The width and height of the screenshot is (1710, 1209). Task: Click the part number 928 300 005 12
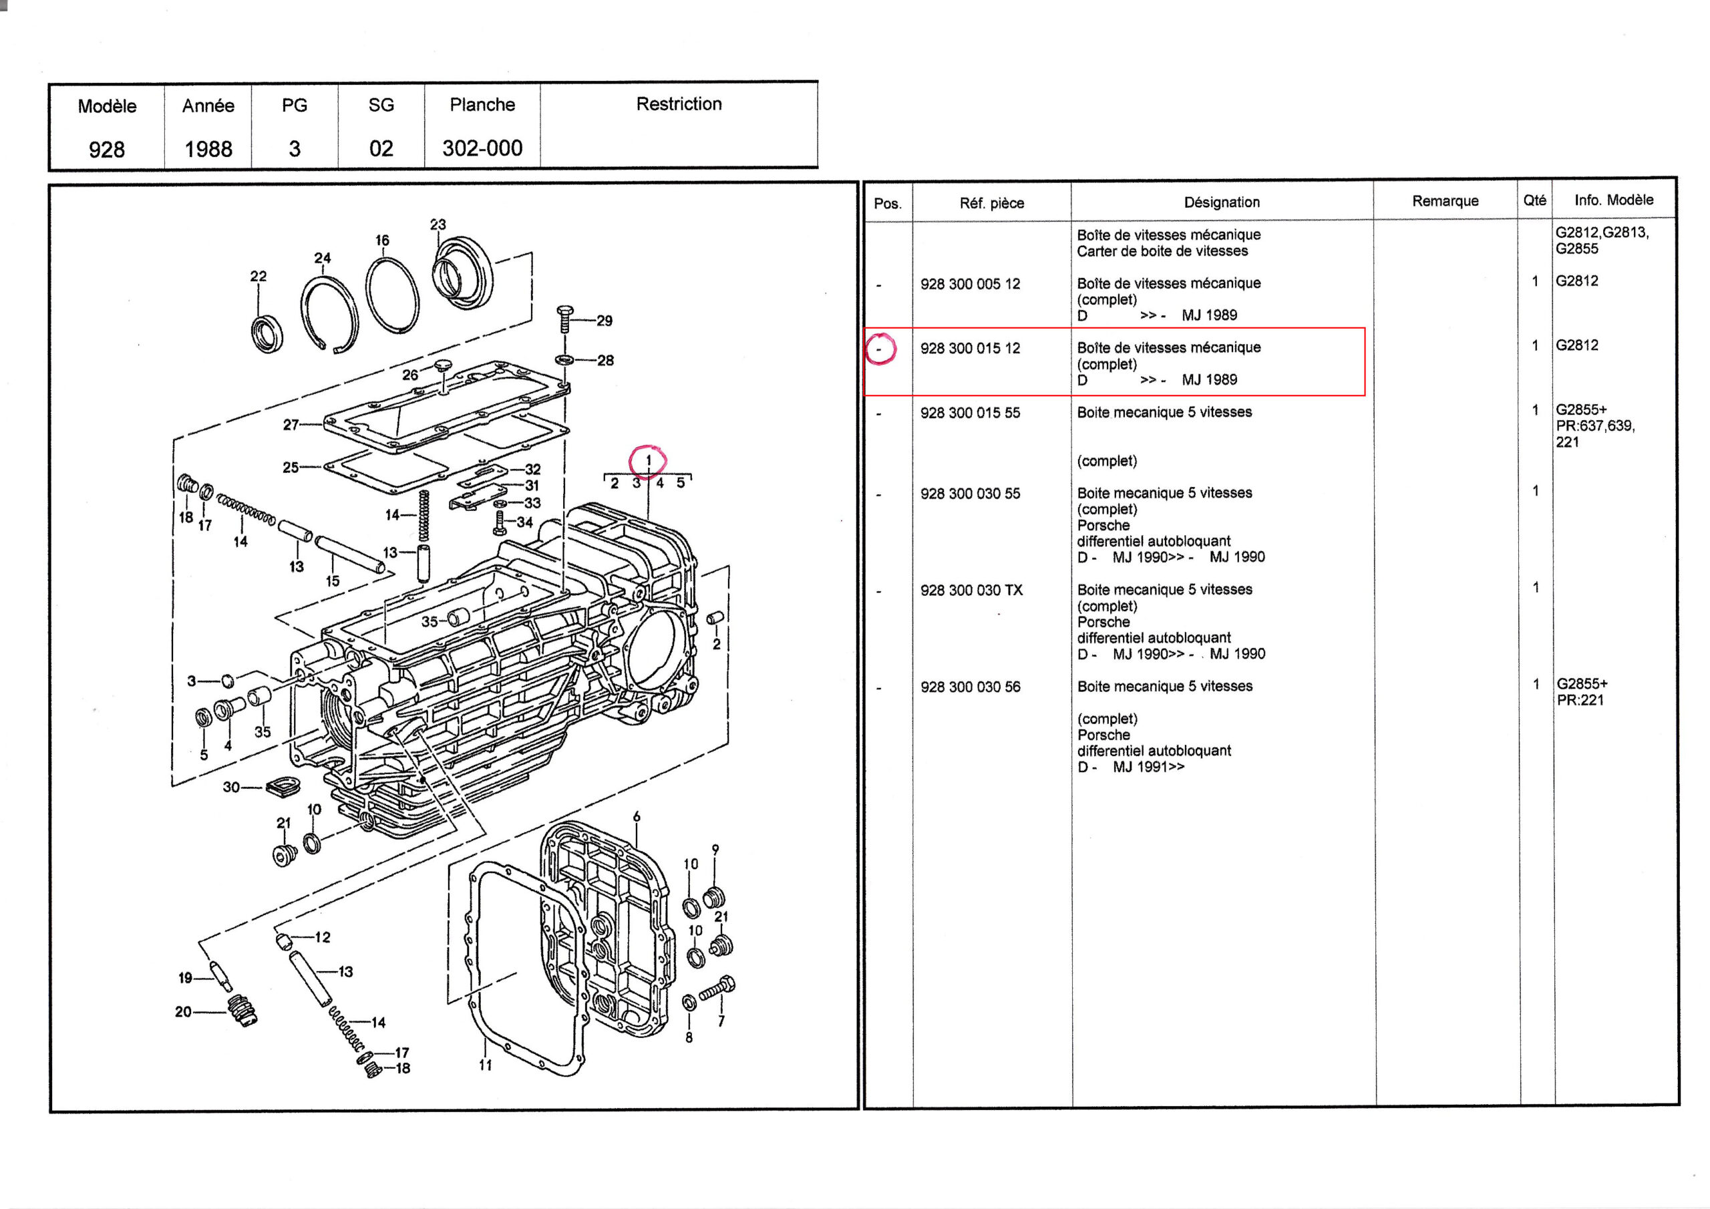coord(970,284)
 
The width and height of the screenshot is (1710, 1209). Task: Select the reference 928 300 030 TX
coord(971,590)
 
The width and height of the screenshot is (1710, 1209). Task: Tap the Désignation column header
coord(1222,202)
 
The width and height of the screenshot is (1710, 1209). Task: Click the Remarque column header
coord(1445,201)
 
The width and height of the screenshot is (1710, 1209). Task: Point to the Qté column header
coord(1534,200)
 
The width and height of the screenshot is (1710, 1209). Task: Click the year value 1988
coord(208,149)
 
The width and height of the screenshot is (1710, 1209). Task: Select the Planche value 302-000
coord(482,148)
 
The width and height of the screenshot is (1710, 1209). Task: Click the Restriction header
coord(679,104)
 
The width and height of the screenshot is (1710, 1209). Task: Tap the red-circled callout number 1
coord(648,460)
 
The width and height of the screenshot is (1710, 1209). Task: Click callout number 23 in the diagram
coord(438,224)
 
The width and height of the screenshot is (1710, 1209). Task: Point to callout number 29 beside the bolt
coord(604,321)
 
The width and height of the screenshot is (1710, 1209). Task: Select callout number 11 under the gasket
coord(486,1065)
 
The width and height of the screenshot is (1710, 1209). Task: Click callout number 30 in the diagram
coord(231,788)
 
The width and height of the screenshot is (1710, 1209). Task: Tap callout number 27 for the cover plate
coord(291,425)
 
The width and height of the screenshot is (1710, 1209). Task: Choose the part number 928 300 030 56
coord(970,687)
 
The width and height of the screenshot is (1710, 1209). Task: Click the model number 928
coord(106,150)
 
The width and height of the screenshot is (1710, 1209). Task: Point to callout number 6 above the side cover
coord(637,816)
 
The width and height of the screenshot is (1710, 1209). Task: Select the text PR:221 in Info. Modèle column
coord(1580,700)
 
